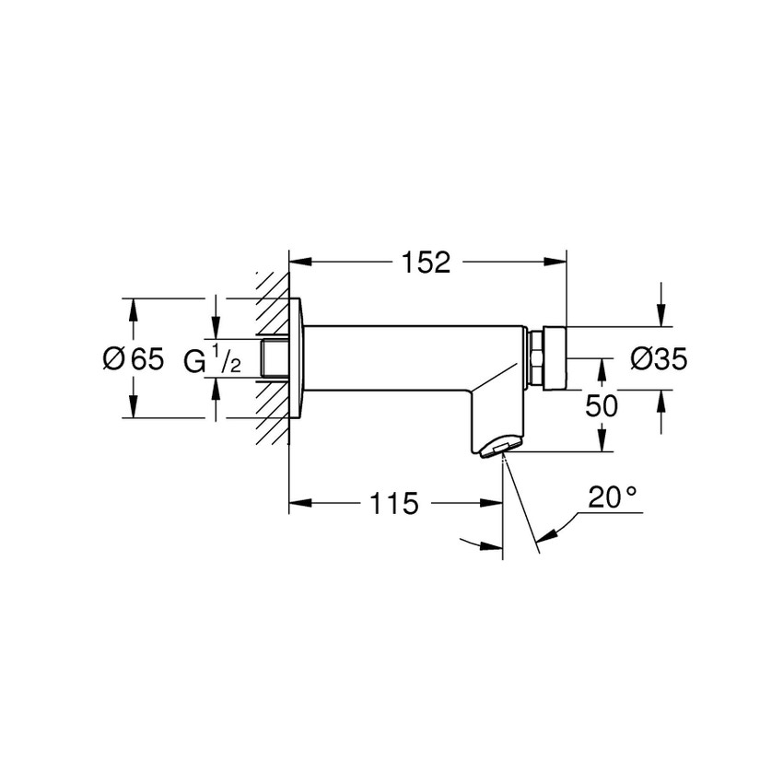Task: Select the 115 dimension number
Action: point(394,504)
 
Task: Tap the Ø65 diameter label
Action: point(133,358)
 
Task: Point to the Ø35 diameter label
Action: point(659,358)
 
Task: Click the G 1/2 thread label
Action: point(212,359)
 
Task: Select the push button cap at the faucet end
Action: point(556,357)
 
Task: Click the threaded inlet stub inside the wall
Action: point(275,358)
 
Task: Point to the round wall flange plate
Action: point(297,358)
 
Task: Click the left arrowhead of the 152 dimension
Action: point(300,263)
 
